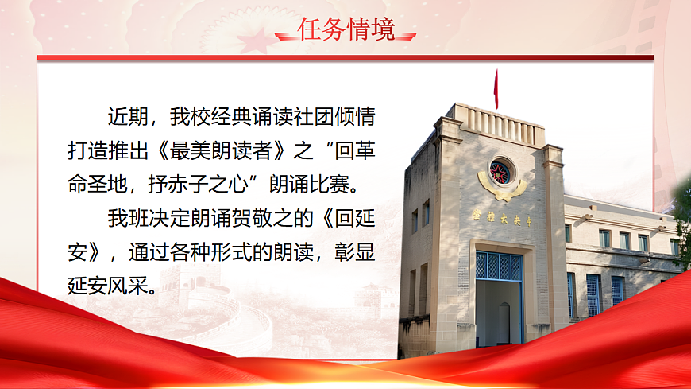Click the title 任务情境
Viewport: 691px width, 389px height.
[x=345, y=29]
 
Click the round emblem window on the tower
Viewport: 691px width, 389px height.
[x=501, y=171]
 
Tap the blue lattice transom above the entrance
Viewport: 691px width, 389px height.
[x=499, y=266]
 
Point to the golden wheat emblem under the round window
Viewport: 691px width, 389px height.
[x=501, y=192]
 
